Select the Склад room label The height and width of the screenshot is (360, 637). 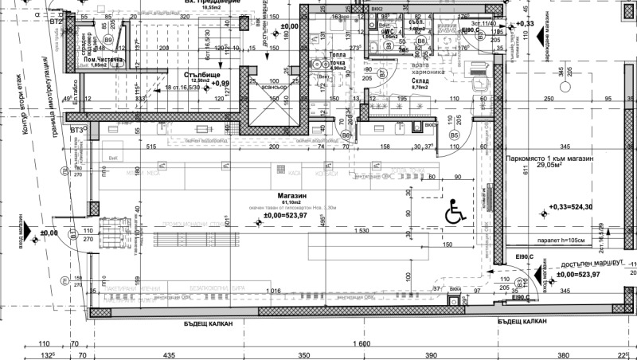point(421,80)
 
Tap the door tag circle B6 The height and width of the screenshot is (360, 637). point(346,135)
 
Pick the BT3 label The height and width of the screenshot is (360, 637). point(76,130)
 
